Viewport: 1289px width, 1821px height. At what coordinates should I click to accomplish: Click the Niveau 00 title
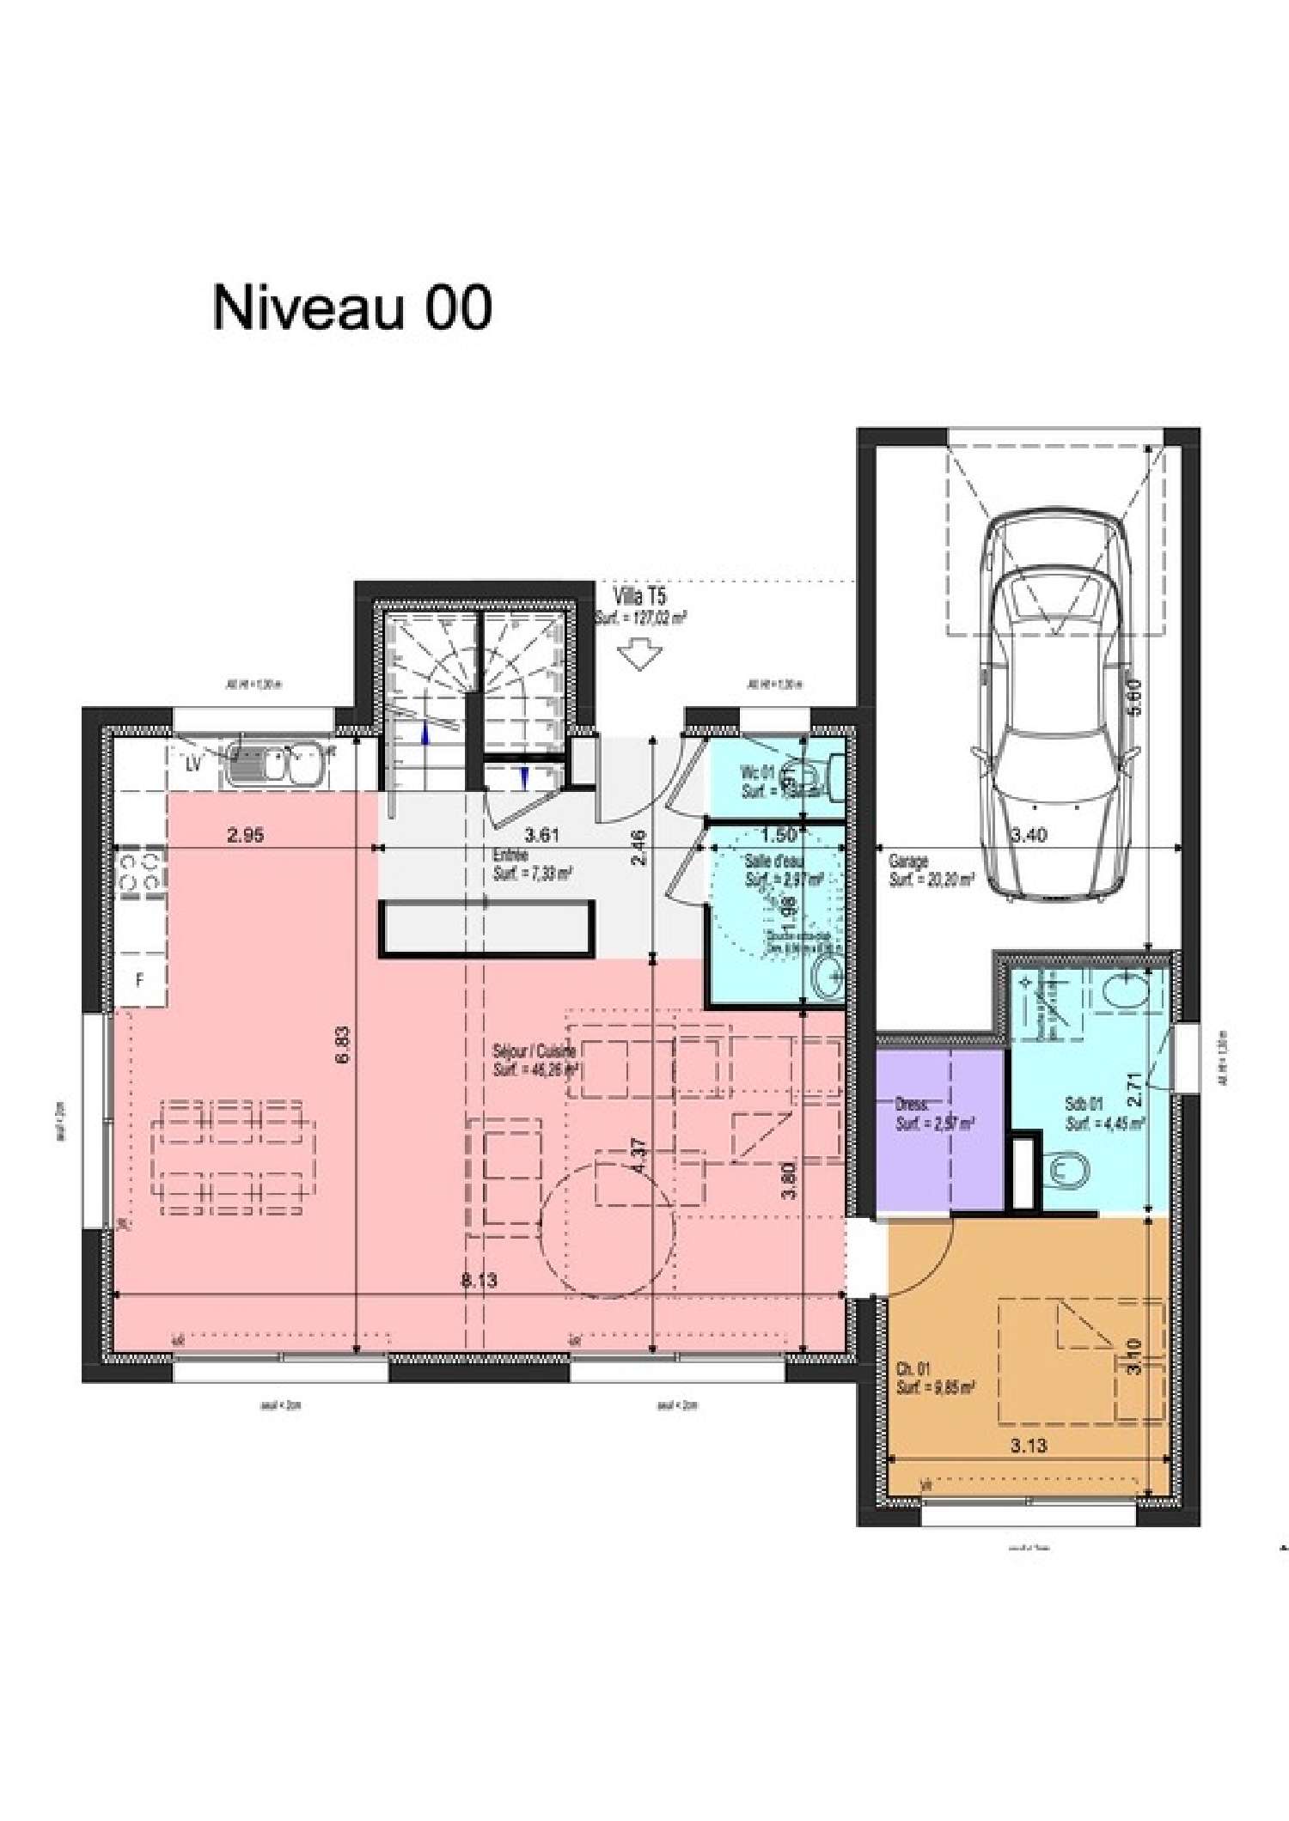pyautogui.click(x=351, y=308)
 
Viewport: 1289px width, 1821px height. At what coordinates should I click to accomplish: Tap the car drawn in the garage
pyautogui.click(x=1055, y=704)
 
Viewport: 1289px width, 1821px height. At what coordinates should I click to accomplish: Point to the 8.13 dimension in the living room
pyautogui.click(x=479, y=1281)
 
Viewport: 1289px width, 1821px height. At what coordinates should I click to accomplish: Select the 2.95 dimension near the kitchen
pyautogui.click(x=246, y=834)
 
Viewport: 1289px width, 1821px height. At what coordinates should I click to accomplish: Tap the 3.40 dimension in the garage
pyautogui.click(x=1028, y=834)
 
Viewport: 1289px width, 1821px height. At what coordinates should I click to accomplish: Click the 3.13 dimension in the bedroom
pyautogui.click(x=1029, y=1446)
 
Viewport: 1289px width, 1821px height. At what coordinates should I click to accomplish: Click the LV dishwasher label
pyautogui.click(x=193, y=763)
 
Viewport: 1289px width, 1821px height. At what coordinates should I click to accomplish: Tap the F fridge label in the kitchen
pyautogui.click(x=139, y=979)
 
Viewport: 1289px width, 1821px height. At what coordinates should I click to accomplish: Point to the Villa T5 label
pyautogui.click(x=640, y=596)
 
